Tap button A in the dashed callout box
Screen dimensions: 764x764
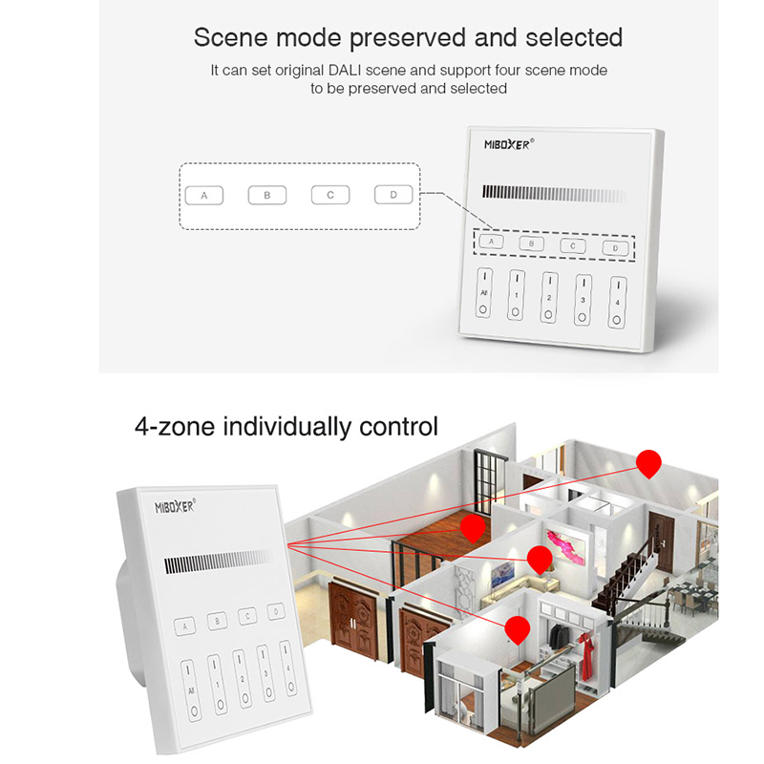[x=203, y=195]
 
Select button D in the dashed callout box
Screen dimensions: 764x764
[x=393, y=195]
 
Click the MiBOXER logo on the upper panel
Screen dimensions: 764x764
[x=509, y=144]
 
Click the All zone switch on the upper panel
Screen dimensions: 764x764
[x=484, y=293]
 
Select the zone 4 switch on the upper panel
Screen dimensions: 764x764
[x=616, y=302]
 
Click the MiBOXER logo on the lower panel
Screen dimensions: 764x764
[x=174, y=506]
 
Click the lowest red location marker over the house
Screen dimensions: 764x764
[x=518, y=629]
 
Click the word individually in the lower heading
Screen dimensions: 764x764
[x=287, y=425]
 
